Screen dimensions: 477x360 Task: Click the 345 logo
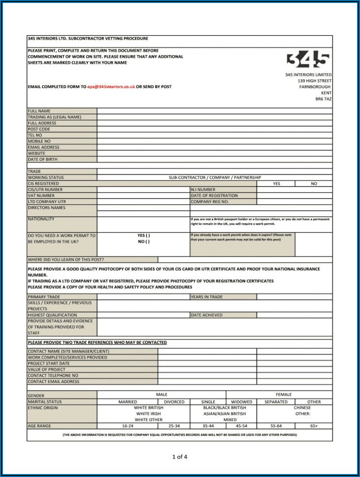click(x=308, y=60)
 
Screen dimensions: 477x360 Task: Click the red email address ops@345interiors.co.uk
click(x=111, y=87)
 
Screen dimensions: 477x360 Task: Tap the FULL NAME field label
click(x=39, y=111)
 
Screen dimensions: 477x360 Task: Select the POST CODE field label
click(x=39, y=129)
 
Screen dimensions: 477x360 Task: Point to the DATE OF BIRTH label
click(x=43, y=159)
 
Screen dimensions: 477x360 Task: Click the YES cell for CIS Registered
click(x=276, y=184)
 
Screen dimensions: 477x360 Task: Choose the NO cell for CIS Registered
click(x=314, y=184)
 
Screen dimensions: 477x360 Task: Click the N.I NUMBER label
click(x=203, y=190)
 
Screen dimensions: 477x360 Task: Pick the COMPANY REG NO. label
click(x=210, y=202)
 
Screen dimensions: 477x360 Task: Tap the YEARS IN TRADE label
click(x=207, y=297)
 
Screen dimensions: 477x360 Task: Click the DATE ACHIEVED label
click(x=207, y=315)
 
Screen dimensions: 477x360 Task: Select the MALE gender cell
click(x=161, y=394)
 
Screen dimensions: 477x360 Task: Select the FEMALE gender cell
click(x=284, y=394)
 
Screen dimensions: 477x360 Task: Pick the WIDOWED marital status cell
click(x=241, y=402)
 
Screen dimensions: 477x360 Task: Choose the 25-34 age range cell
click(x=174, y=426)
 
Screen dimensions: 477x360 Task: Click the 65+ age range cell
click(x=314, y=426)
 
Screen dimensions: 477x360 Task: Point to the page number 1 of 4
click(x=180, y=457)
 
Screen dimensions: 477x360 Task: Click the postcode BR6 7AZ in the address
click(x=323, y=99)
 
